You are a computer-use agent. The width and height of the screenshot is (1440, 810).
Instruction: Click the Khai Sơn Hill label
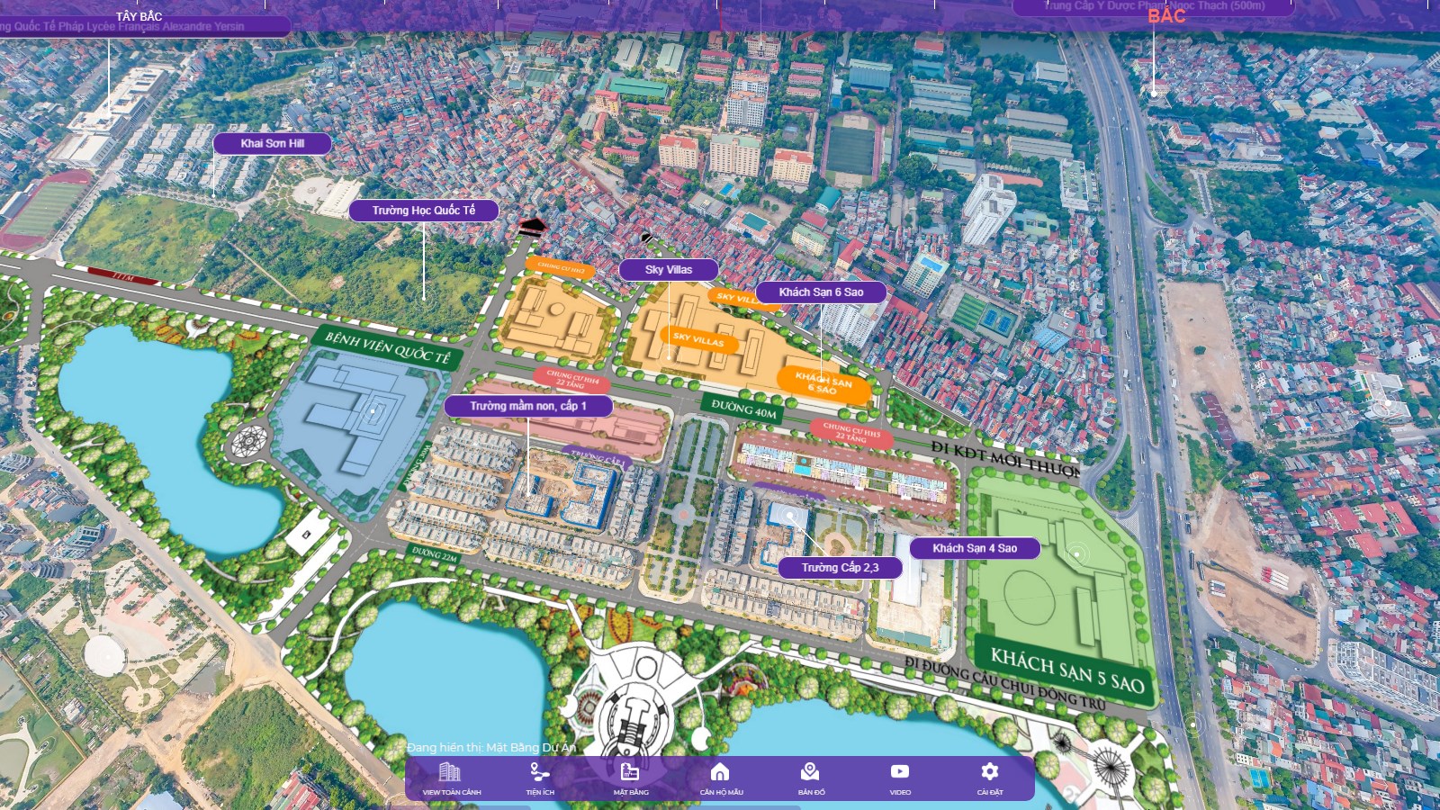272,143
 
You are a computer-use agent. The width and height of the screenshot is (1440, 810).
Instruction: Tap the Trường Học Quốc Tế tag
423,211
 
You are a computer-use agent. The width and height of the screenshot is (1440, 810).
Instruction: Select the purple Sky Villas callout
668,269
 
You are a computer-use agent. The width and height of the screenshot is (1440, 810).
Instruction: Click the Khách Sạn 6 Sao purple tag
821,292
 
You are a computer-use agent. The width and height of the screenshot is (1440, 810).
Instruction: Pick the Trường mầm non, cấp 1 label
527,406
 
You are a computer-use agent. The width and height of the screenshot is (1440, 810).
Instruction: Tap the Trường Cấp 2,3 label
840,567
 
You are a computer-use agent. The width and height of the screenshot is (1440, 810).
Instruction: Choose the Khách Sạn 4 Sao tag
975,548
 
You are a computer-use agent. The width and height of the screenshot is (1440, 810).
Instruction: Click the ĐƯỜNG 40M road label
743,409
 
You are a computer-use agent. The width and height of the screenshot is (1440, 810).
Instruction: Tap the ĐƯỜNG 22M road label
435,555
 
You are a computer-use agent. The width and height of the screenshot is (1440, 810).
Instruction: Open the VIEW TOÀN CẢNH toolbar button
451,778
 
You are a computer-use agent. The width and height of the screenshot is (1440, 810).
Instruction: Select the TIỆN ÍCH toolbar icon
540,778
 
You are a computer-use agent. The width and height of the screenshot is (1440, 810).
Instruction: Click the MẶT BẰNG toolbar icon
630,778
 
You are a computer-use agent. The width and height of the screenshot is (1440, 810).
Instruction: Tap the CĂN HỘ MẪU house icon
720,778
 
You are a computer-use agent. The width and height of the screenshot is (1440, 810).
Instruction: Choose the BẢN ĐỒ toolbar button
810,778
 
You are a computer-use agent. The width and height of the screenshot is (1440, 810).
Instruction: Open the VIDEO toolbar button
900,778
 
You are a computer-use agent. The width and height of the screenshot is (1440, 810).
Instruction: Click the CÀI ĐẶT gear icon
989,778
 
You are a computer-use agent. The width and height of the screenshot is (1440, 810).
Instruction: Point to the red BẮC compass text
1166,16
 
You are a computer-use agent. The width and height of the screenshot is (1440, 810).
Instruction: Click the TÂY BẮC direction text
139,16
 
